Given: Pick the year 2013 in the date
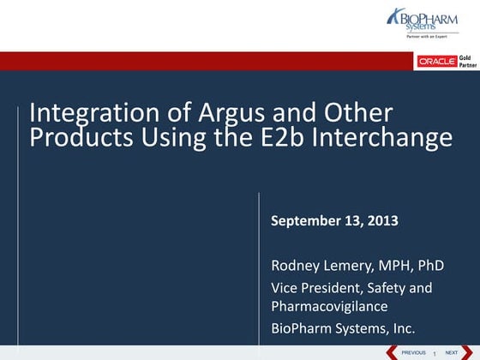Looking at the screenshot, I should click(x=382, y=221).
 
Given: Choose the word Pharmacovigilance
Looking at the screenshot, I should click(x=330, y=306).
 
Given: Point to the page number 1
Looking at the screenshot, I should click(x=435, y=353).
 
